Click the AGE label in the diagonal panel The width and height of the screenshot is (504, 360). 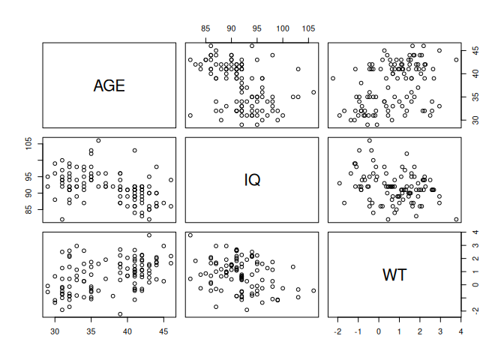109,85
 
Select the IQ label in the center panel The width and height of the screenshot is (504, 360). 252,180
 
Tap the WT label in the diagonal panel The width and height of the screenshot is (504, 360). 395,274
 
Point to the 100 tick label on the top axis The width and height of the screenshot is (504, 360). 283,28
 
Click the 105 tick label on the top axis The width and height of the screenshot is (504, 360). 308,28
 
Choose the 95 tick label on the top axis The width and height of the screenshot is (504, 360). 257,28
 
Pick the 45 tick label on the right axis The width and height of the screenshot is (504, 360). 474,50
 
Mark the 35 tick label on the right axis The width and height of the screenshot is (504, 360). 474,97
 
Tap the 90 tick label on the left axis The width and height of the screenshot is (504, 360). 29,193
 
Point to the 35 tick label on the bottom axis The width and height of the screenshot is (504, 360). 91,331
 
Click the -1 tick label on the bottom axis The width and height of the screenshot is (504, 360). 358,331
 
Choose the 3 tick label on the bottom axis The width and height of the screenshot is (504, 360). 439,331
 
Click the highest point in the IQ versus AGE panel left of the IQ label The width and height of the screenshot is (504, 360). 98,140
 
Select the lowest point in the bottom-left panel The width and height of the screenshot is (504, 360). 120,314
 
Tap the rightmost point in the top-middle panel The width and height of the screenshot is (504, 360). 313,92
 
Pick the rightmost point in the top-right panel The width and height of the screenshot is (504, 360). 456,60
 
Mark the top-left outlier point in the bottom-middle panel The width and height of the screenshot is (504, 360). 190,235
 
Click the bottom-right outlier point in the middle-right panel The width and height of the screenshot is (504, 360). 456,219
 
